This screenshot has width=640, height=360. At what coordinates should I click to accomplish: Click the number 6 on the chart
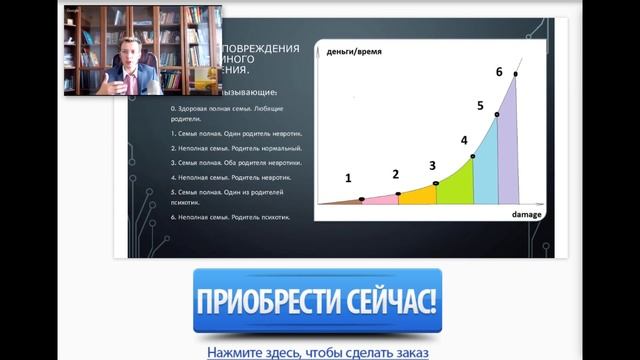pos(499,72)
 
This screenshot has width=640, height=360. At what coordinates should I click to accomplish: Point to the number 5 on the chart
pos(480,106)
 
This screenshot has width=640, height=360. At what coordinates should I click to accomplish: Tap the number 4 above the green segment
pos(464,141)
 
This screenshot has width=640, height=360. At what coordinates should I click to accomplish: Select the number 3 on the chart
pos(432,165)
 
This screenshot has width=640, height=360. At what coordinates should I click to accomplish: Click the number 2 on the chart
pos(395,174)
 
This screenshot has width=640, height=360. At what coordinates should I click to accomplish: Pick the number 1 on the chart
pos(348,178)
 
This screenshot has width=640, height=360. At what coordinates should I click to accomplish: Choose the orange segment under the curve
pos(418,195)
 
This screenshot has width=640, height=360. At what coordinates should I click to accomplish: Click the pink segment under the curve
pos(380,199)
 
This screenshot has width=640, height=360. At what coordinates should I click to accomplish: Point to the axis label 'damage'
pos(526,215)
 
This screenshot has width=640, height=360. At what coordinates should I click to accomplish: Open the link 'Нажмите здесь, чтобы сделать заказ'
pos(318,352)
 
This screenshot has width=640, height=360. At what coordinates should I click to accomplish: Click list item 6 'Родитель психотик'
pos(231,217)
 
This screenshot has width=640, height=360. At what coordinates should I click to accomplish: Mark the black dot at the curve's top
pos(516,74)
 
